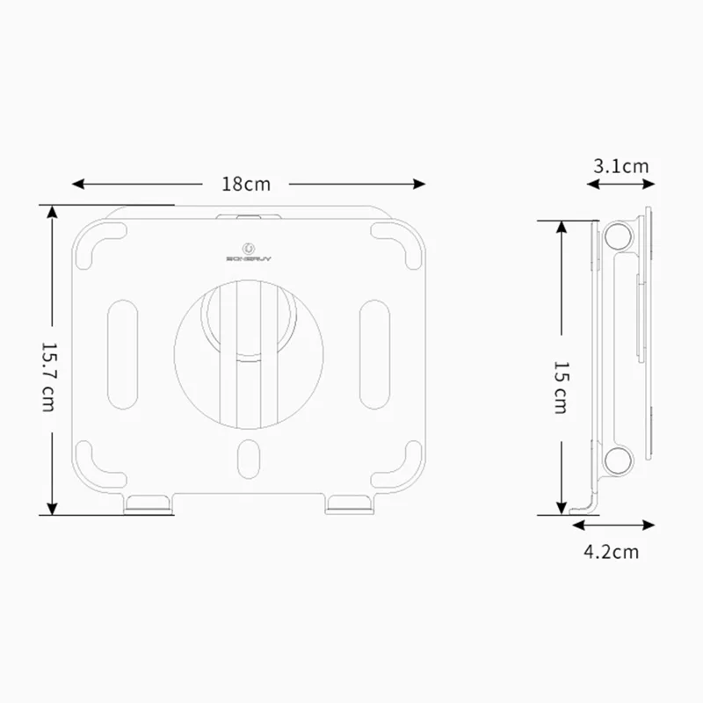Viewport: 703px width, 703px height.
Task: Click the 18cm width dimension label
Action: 246,185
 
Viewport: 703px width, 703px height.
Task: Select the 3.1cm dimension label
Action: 620,166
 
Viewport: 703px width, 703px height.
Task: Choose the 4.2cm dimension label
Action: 611,552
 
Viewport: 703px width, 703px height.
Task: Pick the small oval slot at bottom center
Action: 249,458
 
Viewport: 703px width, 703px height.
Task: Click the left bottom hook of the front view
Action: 149,504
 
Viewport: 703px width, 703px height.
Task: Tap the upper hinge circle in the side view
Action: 619,235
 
